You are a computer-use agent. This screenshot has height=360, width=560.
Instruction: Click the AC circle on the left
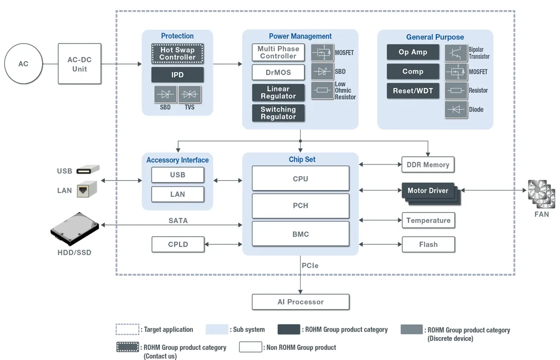pyautogui.click(x=23, y=64)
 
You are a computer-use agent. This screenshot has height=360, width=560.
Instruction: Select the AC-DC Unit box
pyautogui.click(x=79, y=64)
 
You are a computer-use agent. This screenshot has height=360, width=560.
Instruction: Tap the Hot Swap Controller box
pyautogui.click(x=178, y=54)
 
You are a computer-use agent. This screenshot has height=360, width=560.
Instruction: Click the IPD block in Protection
pyautogui.click(x=178, y=75)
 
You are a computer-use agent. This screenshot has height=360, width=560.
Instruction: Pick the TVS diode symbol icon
pyautogui.click(x=190, y=94)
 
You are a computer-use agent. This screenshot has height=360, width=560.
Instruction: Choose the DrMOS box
pyautogui.click(x=278, y=72)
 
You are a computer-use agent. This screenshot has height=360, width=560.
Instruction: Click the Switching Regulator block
pyautogui.click(x=278, y=113)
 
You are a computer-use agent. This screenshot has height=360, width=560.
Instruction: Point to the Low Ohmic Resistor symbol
pyautogui.click(x=322, y=90)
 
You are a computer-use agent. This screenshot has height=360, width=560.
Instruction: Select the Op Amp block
pyautogui.click(x=413, y=52)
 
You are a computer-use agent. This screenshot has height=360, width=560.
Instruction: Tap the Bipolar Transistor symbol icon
pyautogui.click(x=456, y=53)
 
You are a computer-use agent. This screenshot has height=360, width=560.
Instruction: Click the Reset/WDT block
pyautogui.click(x=413, y=91)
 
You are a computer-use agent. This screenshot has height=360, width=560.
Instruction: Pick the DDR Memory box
pyautogui.click(x=428, y=165)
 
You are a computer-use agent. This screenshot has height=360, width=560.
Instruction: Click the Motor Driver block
pyautogui.click(x=428, y=191)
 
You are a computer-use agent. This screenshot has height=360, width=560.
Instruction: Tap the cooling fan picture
pyautogui.click(x=541, y=194)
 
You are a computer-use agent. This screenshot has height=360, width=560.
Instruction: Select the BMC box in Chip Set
pyautogui.click(x=301, y=235)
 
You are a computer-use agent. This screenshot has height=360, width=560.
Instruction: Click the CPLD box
pyautogui.click(x=178, y=244)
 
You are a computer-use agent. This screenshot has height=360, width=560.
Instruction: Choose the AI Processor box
pyautogui.click(x=301, y=302)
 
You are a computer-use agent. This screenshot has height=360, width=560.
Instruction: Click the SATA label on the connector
pyautogui.click(x=178, y=221)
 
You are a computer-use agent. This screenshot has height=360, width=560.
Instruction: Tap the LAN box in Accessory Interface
pyautogui.click(x=178, y=194)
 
